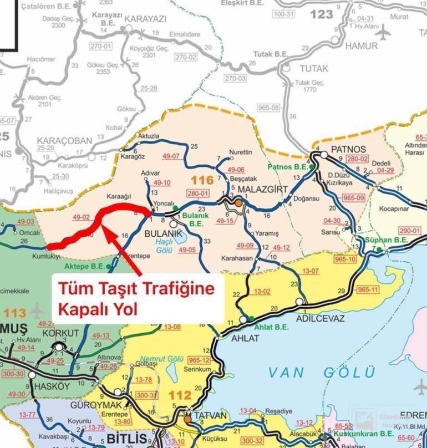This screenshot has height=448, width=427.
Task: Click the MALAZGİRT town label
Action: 264,190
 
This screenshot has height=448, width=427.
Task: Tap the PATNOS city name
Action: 348,149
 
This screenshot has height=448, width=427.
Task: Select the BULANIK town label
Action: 162,235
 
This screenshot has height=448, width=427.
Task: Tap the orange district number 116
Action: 201,180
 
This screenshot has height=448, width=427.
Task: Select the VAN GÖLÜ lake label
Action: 322,372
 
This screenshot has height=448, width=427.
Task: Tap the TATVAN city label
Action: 209,416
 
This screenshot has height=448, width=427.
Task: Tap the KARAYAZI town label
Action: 145,19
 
